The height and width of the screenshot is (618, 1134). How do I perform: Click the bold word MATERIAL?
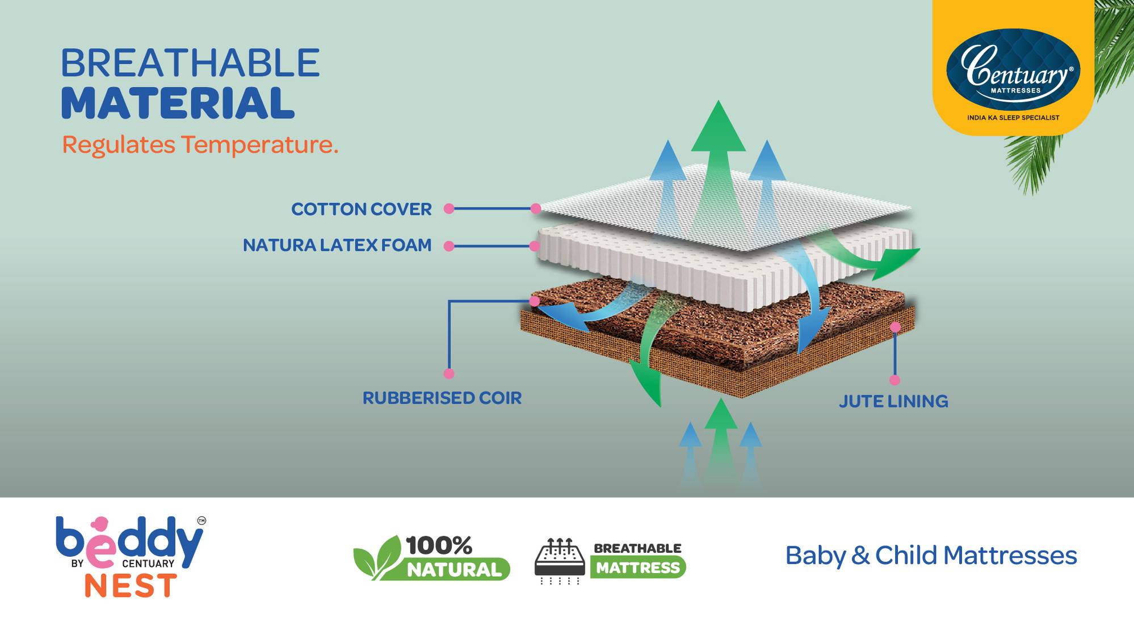(178, 103)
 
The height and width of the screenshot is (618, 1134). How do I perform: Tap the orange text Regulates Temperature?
(200, 145)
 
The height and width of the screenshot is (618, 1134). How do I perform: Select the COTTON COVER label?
(361, 209)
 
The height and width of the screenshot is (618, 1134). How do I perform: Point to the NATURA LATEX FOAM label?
(337, 245)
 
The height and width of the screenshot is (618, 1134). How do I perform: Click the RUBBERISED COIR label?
(442, 398)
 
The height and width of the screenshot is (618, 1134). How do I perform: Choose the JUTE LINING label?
(893, 401)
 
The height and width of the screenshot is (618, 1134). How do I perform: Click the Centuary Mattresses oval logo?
(1013, 66)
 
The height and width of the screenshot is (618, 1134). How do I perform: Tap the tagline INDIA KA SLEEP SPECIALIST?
(1013, 117)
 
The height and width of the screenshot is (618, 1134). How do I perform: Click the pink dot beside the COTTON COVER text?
(449, 209)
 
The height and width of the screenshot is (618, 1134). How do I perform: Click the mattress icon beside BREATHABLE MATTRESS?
(560, 561)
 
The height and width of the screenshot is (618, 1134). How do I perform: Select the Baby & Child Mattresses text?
(931, 556)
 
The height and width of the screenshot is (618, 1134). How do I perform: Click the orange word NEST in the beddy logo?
(131, 585)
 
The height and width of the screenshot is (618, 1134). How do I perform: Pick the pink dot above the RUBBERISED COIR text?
(449, 374)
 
